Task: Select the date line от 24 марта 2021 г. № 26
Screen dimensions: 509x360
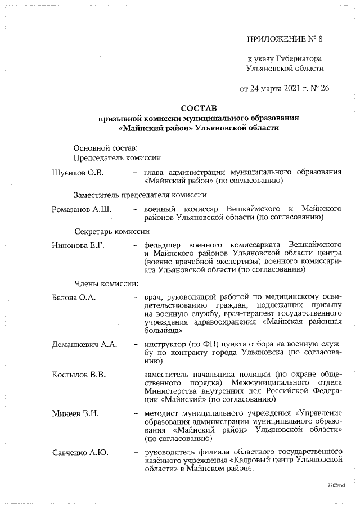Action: click(284, 88)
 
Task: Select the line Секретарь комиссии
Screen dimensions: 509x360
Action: click(112, 231)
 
